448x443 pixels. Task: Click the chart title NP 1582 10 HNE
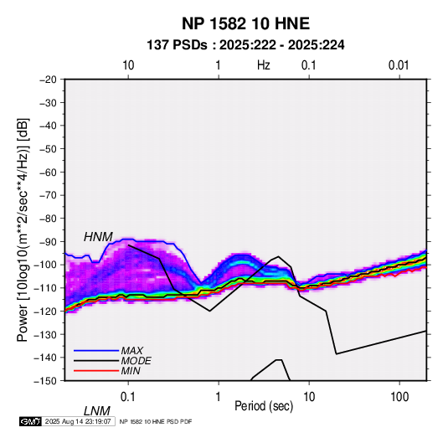pos(245,23)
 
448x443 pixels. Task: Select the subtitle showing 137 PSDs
pos(245,45)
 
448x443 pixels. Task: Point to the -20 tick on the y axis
pos(48,80)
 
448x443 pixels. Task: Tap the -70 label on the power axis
pos(48,195)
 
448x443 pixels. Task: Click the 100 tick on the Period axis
pos(399,397)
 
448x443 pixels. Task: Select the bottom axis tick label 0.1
pos(128,397)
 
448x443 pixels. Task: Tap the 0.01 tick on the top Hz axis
pos(399,65)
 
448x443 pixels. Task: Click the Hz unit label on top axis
pos(264,65)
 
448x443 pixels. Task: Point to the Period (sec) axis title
pos(264,406)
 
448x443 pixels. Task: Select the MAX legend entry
pos(131,351)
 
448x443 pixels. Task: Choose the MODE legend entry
pos(136,361)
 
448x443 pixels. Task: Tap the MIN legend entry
pos(131,371)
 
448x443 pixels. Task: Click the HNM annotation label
pos(98,237)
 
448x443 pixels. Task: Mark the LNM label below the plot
pos(97,411)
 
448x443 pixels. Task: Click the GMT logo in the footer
pos(31,421)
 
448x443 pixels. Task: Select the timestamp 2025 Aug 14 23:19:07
pos(78,421)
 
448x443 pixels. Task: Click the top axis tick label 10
pos(128,65)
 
